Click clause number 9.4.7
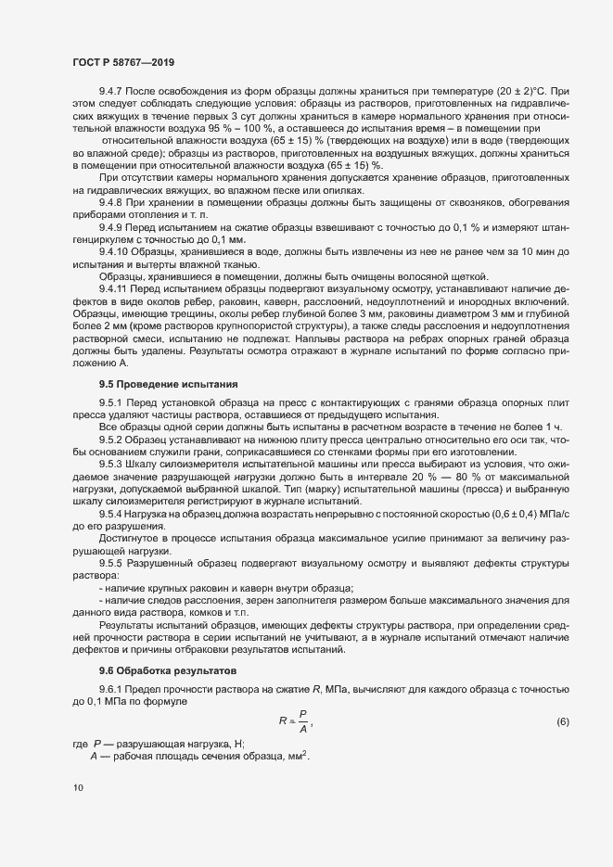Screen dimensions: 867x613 pos(112,92)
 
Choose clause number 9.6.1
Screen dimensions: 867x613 pos(112,688)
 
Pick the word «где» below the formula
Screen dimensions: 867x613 pos(80,745)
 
